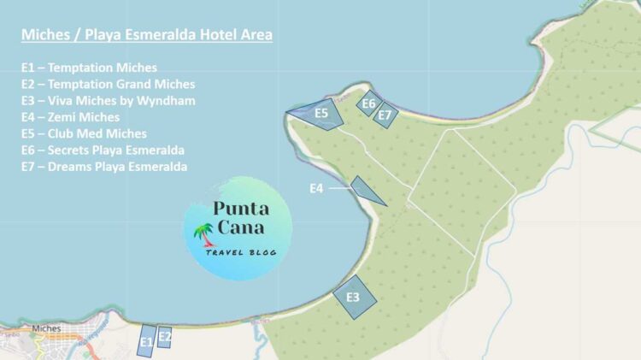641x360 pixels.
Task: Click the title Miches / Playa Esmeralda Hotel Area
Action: click(x=147, y=35)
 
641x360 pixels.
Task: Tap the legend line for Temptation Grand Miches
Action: click(x=108, y=84)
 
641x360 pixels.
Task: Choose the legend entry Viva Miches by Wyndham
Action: click(x=109, y=101)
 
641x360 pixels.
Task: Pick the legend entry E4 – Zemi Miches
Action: click(x=70, y=117)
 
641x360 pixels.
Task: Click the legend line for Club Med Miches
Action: click(x=84, y=133)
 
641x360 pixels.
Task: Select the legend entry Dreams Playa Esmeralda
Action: click(x=104, y=167)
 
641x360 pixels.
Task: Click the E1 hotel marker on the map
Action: click(x=146, y=341)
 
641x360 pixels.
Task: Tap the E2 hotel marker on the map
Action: click(x=165, y=337)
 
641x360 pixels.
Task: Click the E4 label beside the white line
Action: click(x=316, y=188)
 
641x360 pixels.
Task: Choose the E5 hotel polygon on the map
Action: click(x=320, y=114)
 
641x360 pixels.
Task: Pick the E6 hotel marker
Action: click(x=368, y=103)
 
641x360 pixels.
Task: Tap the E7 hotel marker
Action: click(x=385, y=115)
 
